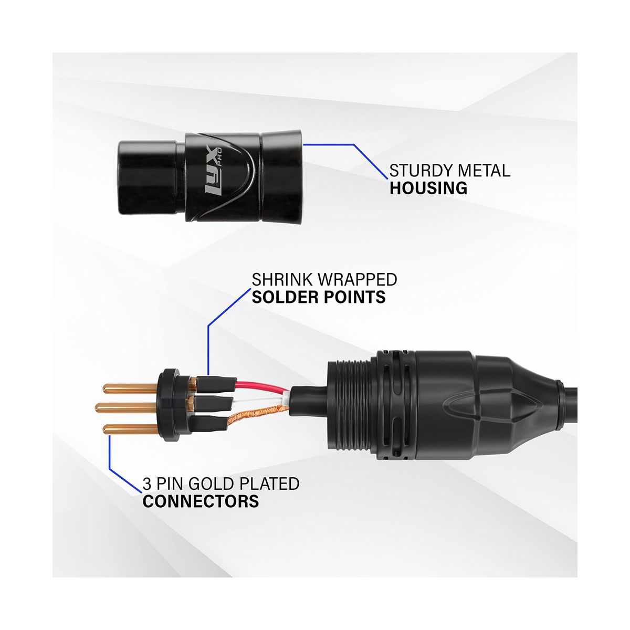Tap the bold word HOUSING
(428, 188)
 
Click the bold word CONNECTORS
(201, 501)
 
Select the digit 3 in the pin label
(146, 483)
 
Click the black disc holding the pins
(168, 404)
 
